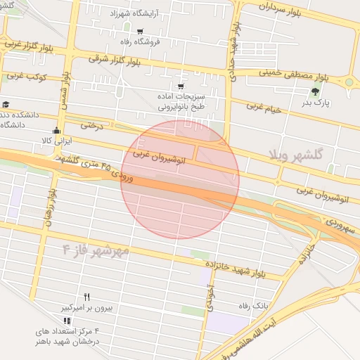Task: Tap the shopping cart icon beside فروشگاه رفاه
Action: (140, 31)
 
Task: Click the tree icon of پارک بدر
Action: (315, 91)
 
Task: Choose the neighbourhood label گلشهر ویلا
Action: (295, 153)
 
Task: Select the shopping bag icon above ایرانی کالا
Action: (56, 130)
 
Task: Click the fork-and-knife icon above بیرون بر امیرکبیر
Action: (87, 297)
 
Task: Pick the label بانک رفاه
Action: (254, 305)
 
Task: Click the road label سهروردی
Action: (341, 226)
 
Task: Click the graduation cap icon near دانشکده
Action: (6, 104)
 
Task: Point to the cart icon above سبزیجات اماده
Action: (181, 86)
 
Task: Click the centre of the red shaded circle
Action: (180, 179)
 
